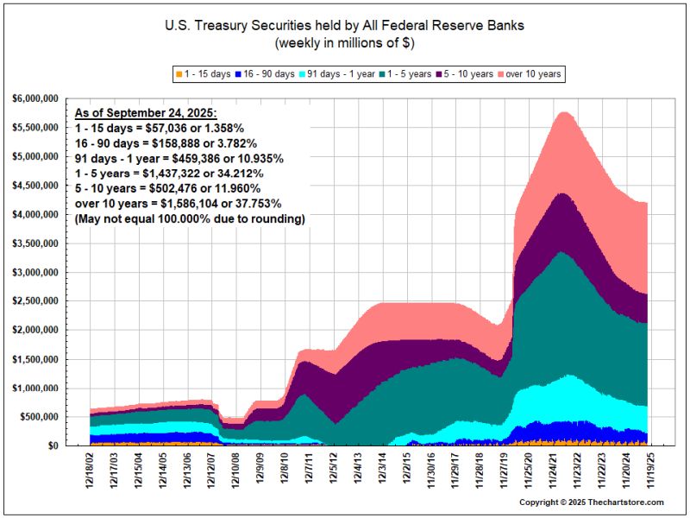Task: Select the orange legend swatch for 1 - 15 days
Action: tap(179, 74)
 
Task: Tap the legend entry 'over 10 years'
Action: tap(532, 74)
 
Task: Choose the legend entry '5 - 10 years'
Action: tap(467, 74)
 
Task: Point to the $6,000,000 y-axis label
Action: tap(35, 98)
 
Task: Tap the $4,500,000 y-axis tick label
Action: tap(35, 186)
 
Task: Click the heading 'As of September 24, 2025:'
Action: tap(146, 113)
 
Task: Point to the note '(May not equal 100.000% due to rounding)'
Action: tap(190, 219)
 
